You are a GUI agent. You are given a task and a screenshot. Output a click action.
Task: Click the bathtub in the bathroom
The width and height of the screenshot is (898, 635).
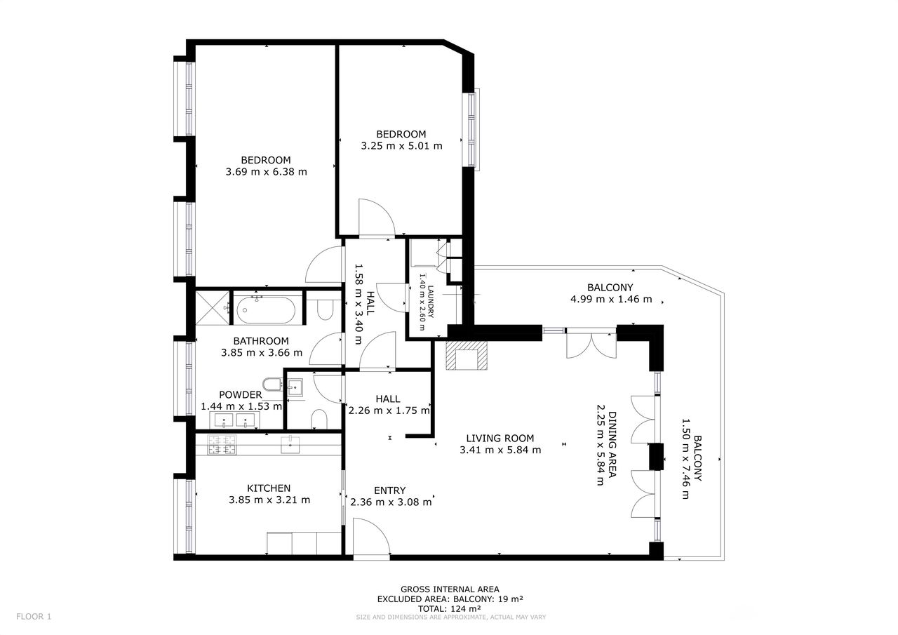point(266,309)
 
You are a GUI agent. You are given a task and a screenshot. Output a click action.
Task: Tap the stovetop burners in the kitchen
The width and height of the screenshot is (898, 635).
point(222,445)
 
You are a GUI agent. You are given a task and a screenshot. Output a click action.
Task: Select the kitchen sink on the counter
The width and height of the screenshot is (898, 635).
point(290,445)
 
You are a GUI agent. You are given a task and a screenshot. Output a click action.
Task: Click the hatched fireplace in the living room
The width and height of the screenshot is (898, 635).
point(467,355)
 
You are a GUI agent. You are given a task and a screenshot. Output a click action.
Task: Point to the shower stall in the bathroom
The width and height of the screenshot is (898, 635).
point(213,308)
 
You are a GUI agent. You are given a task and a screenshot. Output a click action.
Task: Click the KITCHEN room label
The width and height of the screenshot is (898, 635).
point(269,488)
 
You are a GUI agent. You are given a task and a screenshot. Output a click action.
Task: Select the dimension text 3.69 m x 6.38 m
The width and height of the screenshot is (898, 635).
point(266,172)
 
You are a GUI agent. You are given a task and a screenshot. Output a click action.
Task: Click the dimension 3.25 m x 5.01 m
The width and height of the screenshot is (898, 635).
point(401,146)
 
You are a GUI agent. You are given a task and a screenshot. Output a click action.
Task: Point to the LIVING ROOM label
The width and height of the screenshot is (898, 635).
point(500,438)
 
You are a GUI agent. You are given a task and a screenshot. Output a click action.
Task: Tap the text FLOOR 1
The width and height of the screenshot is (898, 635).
point(34,617)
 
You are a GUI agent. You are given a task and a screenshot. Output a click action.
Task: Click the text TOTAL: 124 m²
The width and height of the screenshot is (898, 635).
point(450,608)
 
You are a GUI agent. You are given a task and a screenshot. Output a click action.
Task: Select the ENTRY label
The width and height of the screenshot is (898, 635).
point(389,490)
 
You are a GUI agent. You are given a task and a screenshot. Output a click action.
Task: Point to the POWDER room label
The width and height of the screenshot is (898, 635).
point(240,394)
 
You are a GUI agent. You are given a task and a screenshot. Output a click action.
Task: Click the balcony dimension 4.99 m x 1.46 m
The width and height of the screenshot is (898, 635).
point(611,299)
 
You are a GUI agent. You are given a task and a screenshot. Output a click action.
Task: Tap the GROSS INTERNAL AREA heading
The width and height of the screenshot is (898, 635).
point(450,589)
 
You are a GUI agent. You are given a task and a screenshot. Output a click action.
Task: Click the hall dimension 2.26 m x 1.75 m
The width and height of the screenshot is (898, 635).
point(389,410)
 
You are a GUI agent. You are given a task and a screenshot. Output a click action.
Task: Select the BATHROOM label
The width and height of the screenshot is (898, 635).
point(261,341)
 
